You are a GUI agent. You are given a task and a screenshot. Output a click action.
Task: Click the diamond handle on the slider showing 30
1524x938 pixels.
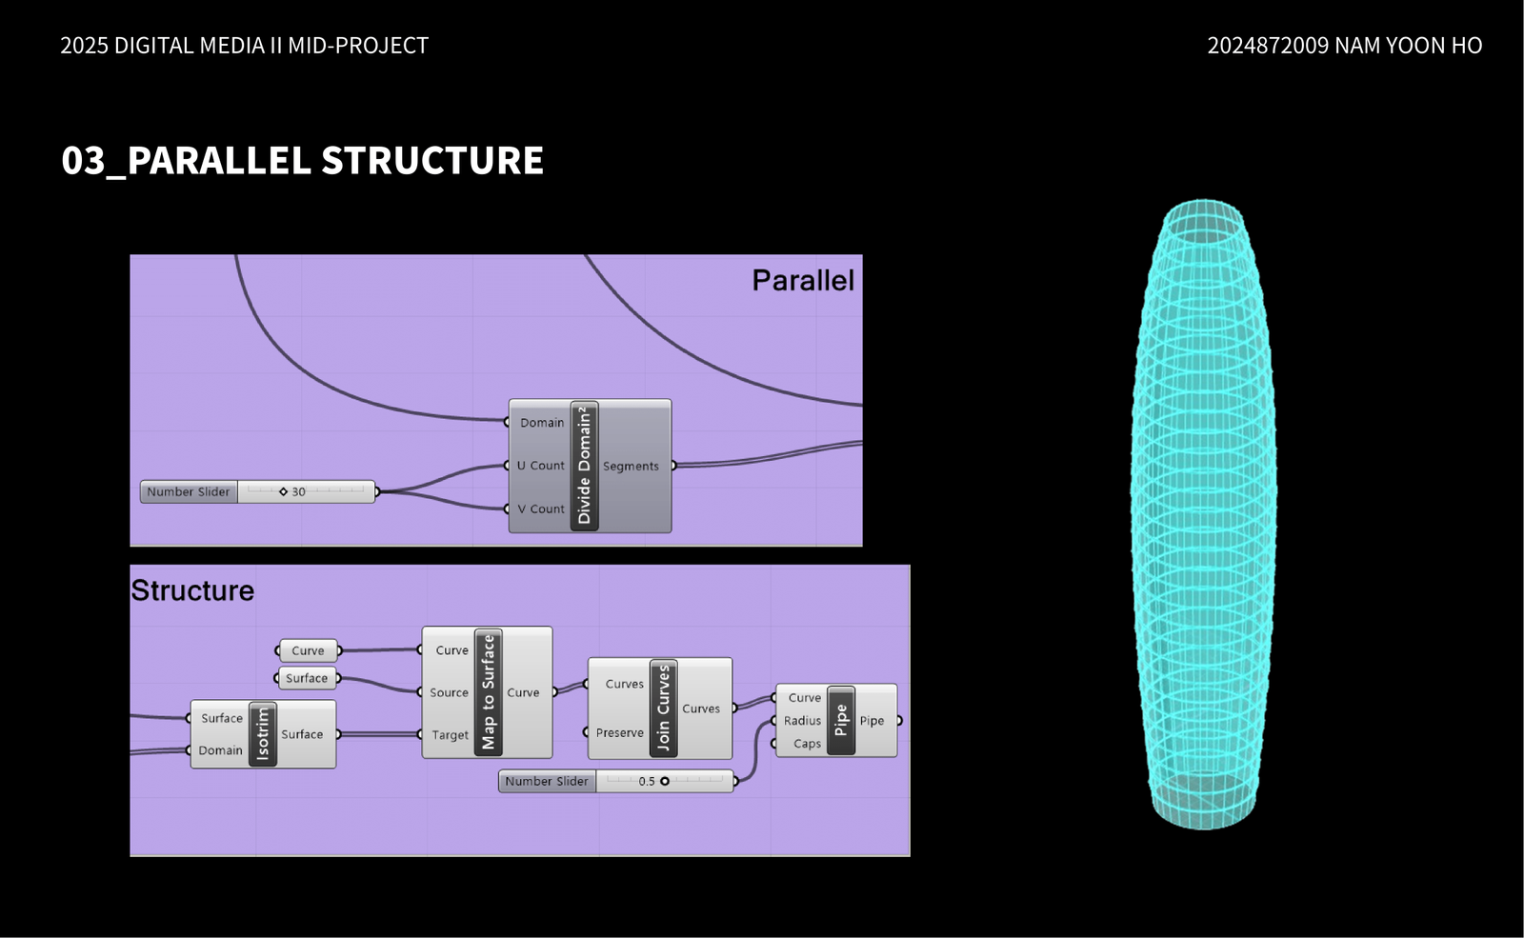pos(283,491)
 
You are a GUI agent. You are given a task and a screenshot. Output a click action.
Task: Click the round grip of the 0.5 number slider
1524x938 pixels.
pos(665,782)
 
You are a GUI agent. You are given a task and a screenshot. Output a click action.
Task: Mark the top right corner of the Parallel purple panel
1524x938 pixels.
pos(862,255)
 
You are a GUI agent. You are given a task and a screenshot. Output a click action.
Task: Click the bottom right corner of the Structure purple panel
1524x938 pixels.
pos(910,855)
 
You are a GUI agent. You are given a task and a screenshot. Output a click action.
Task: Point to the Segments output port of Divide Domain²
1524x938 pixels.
pos(673,466)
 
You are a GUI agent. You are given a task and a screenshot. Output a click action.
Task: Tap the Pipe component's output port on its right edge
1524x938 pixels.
pos(899,720)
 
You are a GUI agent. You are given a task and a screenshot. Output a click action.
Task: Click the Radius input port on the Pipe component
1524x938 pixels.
pos(773,720)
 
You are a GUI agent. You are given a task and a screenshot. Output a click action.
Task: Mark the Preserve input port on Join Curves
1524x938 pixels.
pos(586,732)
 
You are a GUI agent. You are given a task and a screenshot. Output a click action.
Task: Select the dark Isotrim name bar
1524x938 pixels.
pos(263,734)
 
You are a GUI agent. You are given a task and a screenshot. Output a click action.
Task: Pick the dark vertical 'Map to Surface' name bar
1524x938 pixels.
pos(488,692)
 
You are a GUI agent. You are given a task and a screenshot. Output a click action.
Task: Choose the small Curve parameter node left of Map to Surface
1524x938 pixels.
pos(309,651)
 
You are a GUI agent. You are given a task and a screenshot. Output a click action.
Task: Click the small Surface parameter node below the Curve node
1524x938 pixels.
pos(307,678)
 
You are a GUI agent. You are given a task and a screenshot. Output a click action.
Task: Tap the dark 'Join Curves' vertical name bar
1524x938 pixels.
pos(663,708)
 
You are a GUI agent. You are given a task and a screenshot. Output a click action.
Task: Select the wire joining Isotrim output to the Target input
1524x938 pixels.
pos(379,734)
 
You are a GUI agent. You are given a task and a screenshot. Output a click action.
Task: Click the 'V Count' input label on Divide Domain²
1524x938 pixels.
pos(541,509)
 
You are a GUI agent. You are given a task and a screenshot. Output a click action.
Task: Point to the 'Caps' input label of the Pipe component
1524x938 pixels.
pos(807,744)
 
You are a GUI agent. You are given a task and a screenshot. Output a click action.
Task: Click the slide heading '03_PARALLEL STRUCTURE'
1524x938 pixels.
pos(302,161)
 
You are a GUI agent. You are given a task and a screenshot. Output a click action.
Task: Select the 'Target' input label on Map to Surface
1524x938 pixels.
pos(450,734)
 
